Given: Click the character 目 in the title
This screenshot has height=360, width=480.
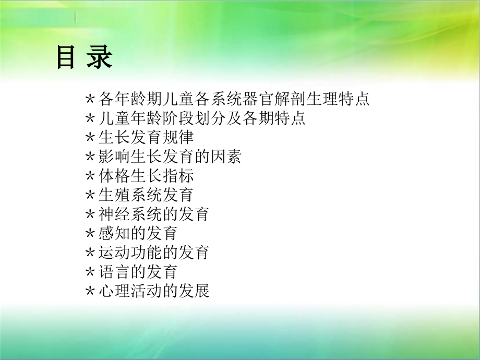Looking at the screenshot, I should click(66, 57).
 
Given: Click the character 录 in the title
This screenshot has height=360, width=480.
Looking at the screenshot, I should click(100, 57).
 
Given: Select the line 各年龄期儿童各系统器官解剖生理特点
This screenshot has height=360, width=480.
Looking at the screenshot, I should click(234, 99).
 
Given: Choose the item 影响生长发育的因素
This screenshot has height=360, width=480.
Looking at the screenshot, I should click(169, 157).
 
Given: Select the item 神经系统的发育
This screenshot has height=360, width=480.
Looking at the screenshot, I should click(154, 214).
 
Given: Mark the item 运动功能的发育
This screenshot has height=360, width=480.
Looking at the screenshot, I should click(154, 253).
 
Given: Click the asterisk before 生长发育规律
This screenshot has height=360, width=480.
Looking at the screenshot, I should click(90, 138).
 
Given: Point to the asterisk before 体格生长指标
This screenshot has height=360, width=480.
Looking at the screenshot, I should click(90, 176).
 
